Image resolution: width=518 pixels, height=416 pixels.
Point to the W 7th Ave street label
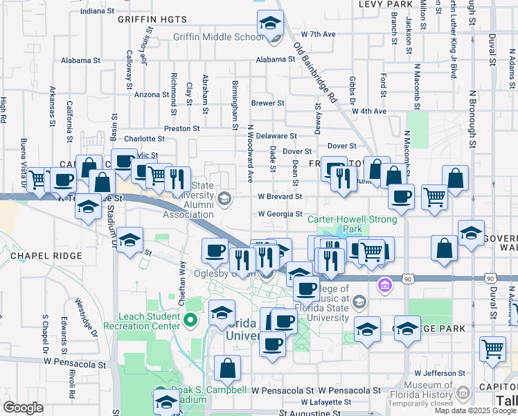click(x=318, y=34)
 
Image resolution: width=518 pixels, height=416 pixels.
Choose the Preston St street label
click(x=181, y=128)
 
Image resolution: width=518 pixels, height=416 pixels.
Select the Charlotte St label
click(x=143, y=138)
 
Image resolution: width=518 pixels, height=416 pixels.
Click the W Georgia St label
click(x=280, y=215)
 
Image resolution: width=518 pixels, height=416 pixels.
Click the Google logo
click(x=23, y=408)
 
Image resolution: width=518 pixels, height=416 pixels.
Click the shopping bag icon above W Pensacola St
click(x=227, y=369)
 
